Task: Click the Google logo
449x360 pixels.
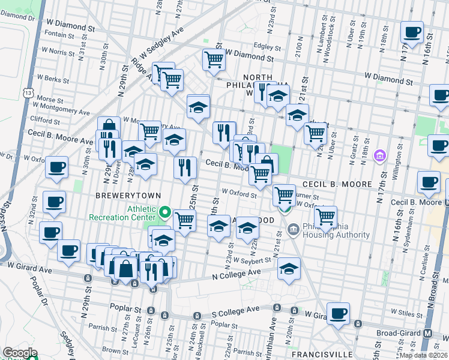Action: (20, 353)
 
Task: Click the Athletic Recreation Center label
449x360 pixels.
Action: (127, 213)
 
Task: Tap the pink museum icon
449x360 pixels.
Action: (379, 157)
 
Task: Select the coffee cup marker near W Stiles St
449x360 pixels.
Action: (339, 313)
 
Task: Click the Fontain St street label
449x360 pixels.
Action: (60, 35)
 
